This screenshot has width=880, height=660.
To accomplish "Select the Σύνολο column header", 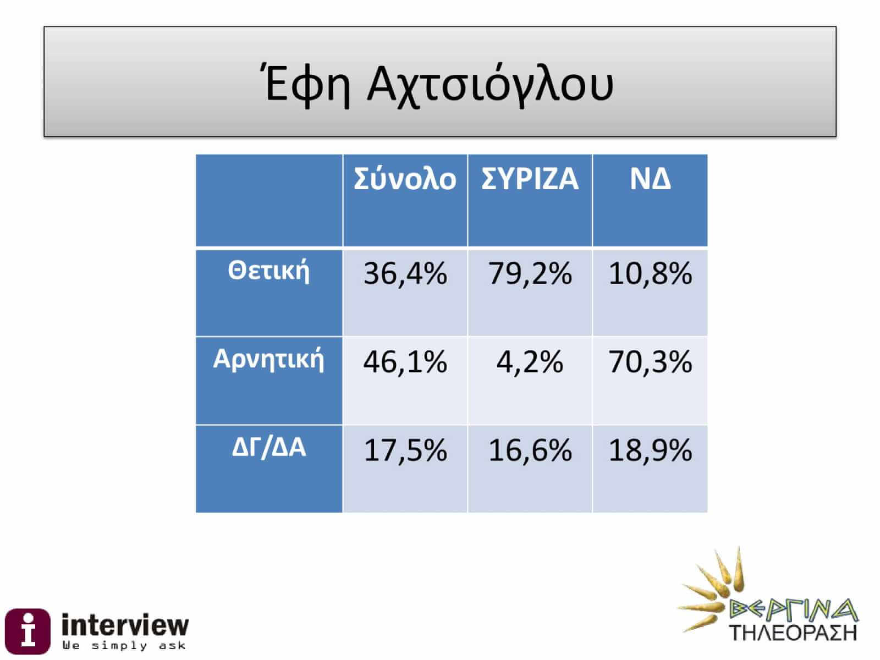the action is tap(405, 179).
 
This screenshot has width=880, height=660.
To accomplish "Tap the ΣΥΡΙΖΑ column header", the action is tap(530, 179).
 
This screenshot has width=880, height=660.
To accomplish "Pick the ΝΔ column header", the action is tap(650, 179).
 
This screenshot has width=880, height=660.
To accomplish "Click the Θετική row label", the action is tap(268, 271).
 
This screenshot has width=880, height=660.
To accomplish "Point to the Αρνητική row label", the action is tap(268, 360).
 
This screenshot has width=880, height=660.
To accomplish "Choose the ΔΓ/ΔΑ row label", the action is tap(268, 448).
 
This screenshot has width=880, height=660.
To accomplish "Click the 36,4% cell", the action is tap(405, 274).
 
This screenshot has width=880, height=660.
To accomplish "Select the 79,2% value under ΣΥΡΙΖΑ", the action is tap(530, 274).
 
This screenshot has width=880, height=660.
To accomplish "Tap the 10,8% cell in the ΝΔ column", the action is tap(650, 274).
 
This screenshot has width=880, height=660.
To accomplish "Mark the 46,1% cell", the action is tap(405, 362).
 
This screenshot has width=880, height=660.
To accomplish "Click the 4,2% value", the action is tap(530, 362).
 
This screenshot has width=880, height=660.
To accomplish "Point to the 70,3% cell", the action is tap(650, 362).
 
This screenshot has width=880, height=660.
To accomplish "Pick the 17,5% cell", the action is tap(405, 450).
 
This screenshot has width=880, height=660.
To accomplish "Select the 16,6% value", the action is tap(530, 450).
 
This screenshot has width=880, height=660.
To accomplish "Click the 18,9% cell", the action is tap(650, 450).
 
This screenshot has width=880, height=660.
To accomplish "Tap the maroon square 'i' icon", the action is tap(28, 631).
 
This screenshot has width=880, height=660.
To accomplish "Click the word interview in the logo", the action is tap(125, 625).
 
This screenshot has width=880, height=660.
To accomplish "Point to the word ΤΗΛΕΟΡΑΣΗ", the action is tap(793, 633).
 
